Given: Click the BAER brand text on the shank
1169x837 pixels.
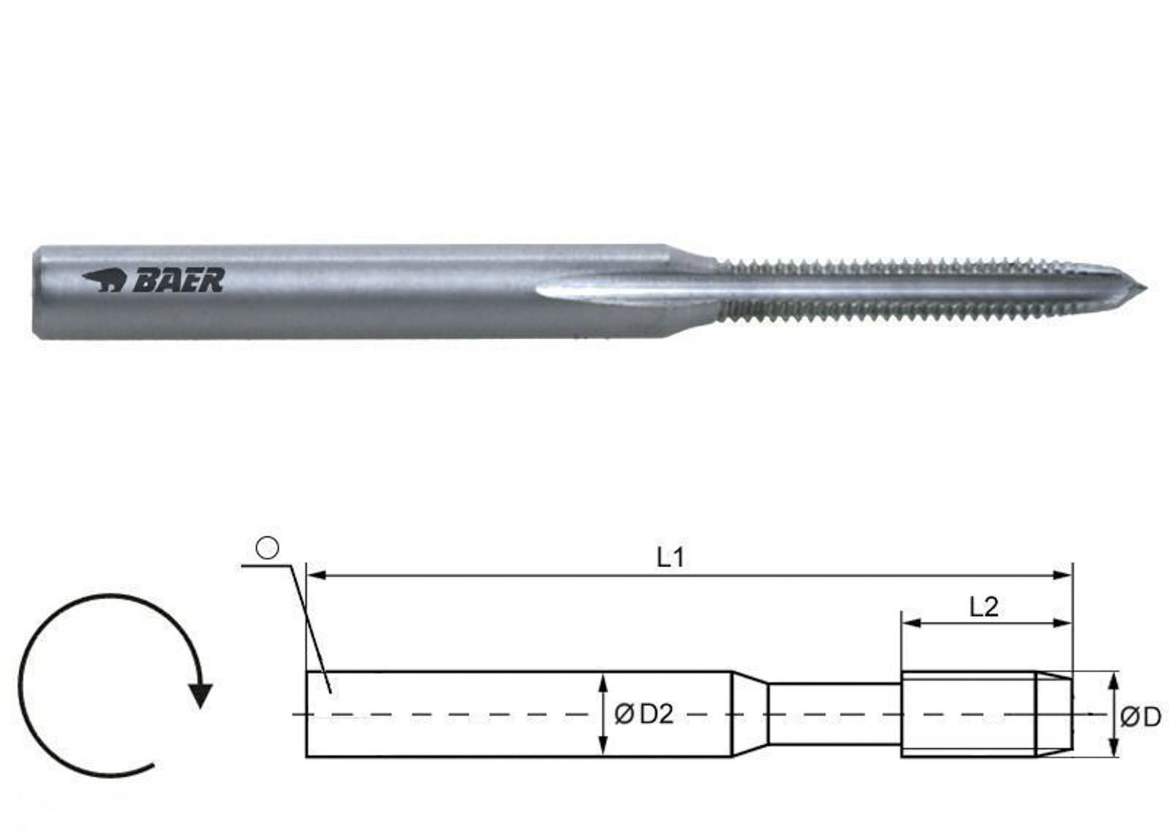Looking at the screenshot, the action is (179, 280).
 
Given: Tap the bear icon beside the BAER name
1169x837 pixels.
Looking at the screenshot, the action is (103, 280).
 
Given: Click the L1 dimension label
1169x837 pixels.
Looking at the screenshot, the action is (669, 558).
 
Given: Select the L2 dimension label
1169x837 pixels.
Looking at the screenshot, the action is (983, 607).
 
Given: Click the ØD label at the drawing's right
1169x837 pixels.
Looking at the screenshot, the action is (1141, 718).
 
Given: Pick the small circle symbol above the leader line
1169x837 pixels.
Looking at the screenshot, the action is (267, 549).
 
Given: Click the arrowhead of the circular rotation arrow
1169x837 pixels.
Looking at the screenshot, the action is (200, 695).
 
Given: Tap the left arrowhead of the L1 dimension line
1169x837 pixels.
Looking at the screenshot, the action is (316, 576).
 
